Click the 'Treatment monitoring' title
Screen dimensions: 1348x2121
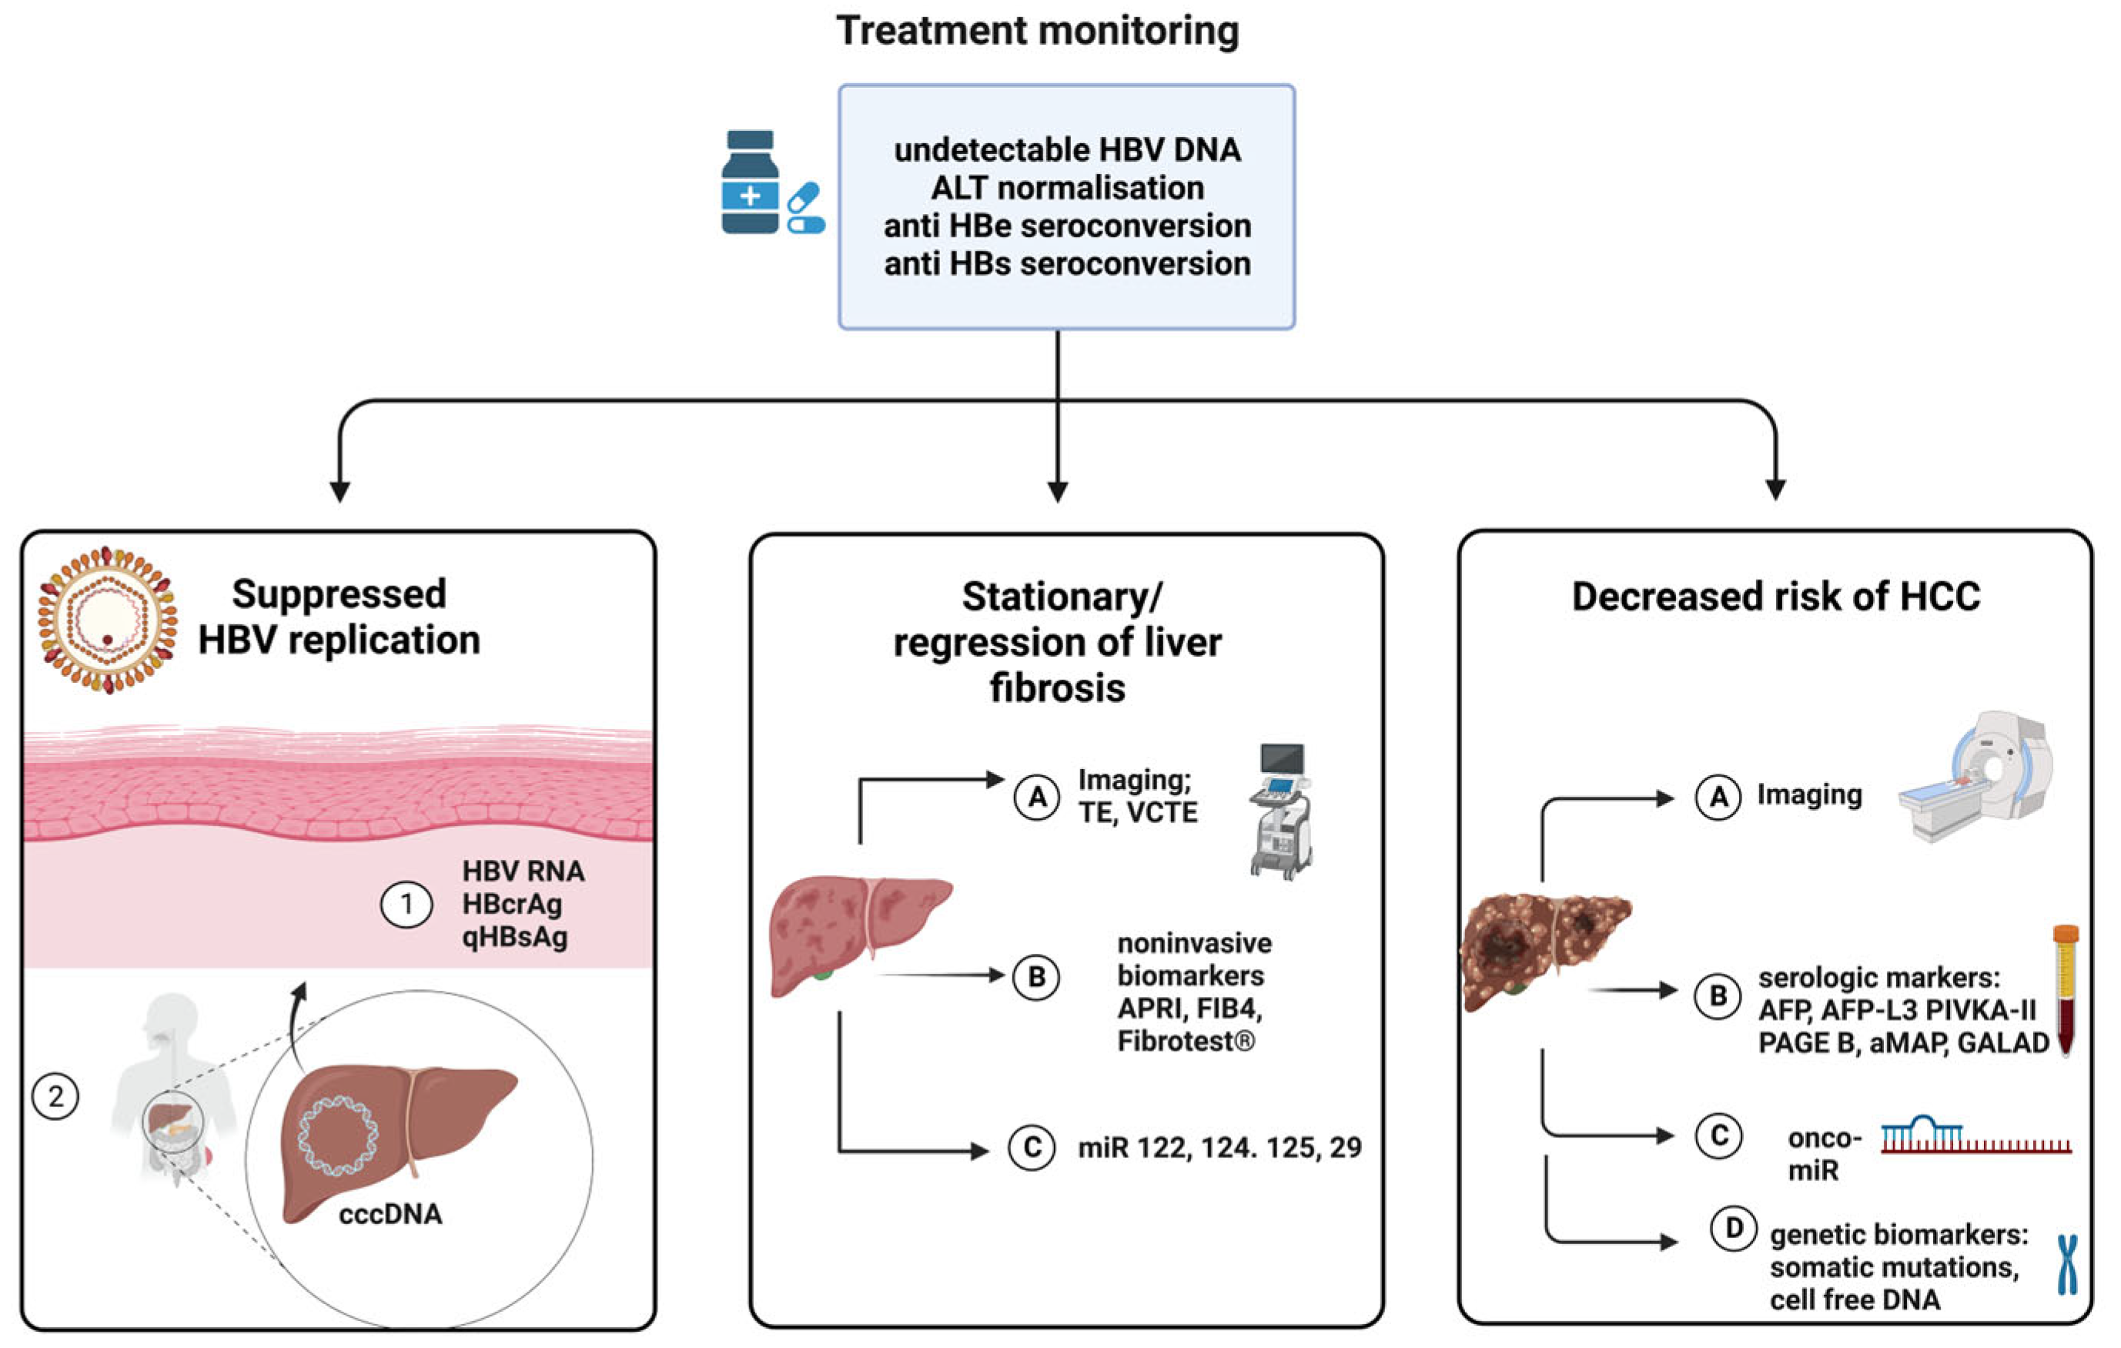click(x=1038, y=31)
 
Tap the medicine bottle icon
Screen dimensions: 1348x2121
click(x=750, y=182)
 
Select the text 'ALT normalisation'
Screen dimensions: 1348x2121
click(x=1067, y=188)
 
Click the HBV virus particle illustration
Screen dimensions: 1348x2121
click(x=106, y=620)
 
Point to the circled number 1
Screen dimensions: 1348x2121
click(x=406, y=904)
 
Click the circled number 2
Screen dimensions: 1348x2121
click(x=55, y=1096)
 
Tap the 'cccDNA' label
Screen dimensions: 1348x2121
click(x=390, y=1214)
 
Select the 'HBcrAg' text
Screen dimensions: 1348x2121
click(x=512, y=904)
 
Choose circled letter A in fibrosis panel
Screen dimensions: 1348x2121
click(x=1037, y=797)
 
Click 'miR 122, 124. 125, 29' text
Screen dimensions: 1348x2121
click(x=1219, y=1147)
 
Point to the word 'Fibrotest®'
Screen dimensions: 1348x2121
click(x=1186, y=1042)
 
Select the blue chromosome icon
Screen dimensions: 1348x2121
click(x=2067, y=1263)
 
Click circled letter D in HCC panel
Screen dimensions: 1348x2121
click(x=1734, y=1228)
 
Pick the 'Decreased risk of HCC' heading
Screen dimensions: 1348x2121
click(x=1776, y=597)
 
